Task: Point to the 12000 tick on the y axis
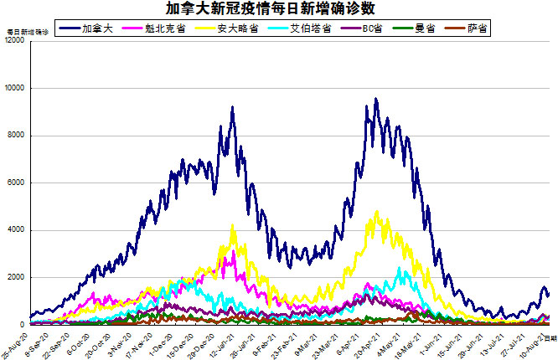[15, 41]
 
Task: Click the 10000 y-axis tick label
[15, 88]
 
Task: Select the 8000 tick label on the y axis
[17, 136]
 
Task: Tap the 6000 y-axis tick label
[17, 183]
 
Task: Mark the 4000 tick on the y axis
[17, 230]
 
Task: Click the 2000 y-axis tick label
[17, 277]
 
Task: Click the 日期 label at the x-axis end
[550, 338]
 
